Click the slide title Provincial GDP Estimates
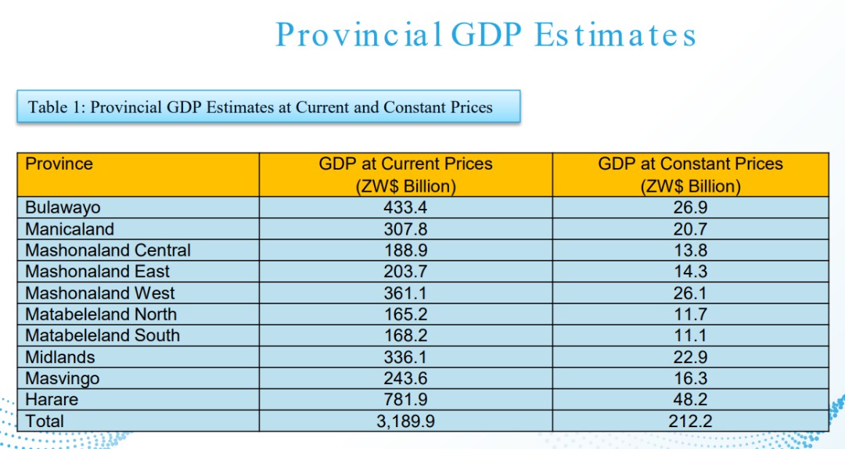(x=485, y=35)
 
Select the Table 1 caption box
(x=268, y=106)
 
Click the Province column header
(x=59, y=164)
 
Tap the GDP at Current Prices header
(x=405, y=174)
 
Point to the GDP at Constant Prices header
(x=690, y=174)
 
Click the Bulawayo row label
(x=63, y=207)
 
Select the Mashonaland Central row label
(x=108, y=250)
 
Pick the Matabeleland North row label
(x=101, y=314)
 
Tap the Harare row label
(x=52, y=400)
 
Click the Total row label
(x=45, y=421)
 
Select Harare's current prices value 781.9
(x=405, y=400)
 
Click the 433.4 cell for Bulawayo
(x=405, y=207)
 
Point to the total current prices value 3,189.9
(x=405, y=421)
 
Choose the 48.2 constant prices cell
(x=690, y=400)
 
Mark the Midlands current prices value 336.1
(x=405, y=357)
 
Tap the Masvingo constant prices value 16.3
(x=690, y=379)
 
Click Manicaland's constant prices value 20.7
(x=690, y=229)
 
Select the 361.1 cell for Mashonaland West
(x=405, y=293)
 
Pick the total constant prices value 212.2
(x=690, y=421)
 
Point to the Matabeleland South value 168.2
(x=405, y=336)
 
